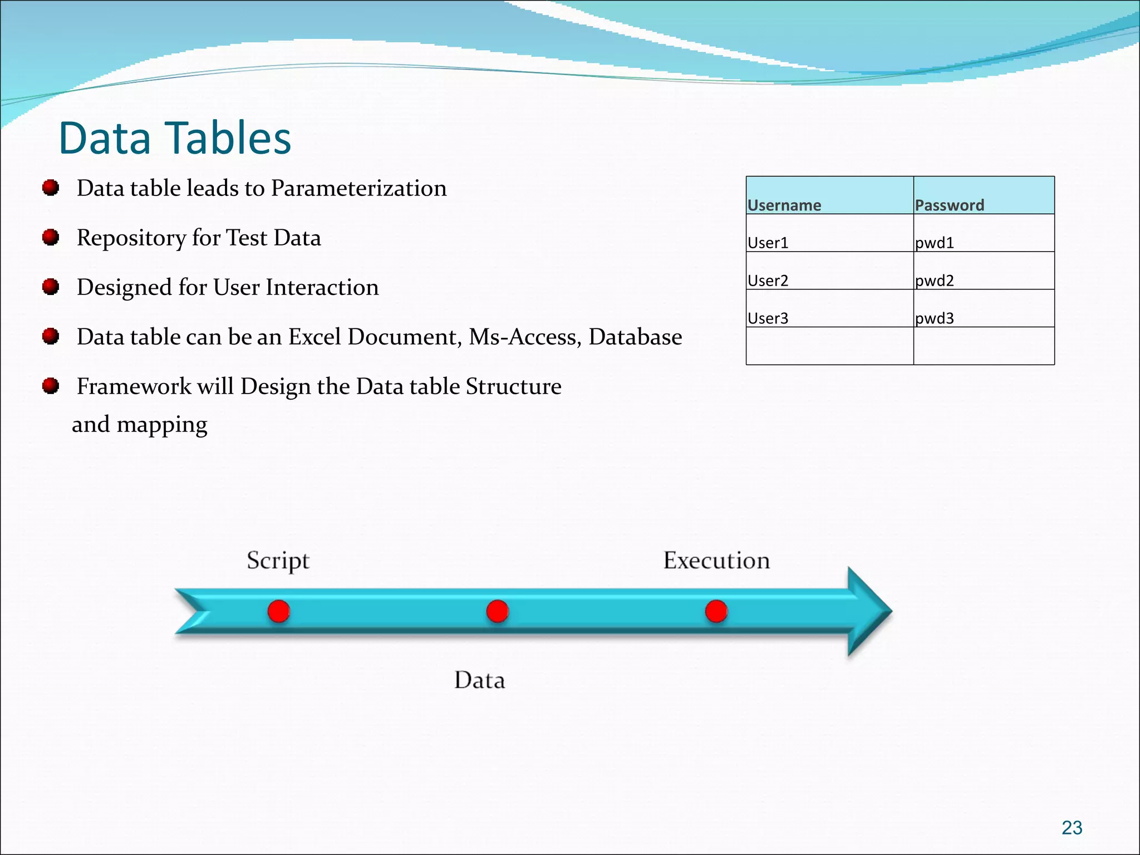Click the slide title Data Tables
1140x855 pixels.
(x=175, y=138)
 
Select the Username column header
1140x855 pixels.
(x=784, y=205)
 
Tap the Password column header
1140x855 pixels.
(x=949, y=205)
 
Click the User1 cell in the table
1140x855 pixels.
(x=768, y=243)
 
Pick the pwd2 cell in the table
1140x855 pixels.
(x=935, y=280)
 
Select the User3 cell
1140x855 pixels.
(x=768, y=318)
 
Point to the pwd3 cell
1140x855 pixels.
(x=935, y=318)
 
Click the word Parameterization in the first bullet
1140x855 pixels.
(x=358, y=188)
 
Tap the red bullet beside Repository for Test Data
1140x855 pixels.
(x=51, y=238)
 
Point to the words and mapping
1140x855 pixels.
(x=140, y=425)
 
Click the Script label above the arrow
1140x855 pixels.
(x=278, y=561)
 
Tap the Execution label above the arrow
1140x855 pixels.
(x=716, y=560)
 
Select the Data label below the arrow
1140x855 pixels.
(x=479, y=680)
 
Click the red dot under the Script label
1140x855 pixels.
(x=278, y=611)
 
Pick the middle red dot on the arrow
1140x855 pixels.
(x=497, y=611)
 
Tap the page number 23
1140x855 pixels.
(x=1072, y=828)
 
